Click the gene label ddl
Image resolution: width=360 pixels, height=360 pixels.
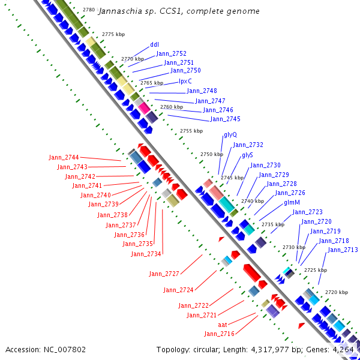coord(154,44)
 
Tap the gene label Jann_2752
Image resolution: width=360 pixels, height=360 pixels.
coord(171,53)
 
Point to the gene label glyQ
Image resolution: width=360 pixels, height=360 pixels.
coord(230,135)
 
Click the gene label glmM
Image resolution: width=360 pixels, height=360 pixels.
coord(292,203)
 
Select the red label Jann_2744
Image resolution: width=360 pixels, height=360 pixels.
coord(64,157)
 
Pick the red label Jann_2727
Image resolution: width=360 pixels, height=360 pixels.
coord(164,274)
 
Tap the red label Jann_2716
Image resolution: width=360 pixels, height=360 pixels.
coord(219,334)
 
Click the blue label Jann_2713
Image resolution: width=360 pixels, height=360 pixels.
coord(343,250)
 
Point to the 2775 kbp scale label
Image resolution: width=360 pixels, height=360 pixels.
coord(113,34)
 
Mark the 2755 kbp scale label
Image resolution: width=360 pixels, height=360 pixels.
coord(191,131)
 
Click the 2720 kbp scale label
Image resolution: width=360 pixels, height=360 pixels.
coord(337,292)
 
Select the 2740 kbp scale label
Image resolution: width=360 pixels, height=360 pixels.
coord(253,201)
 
